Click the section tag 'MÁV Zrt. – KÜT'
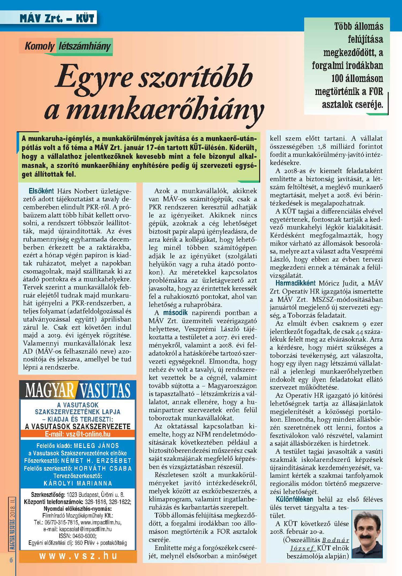pyautogui.click(x=57, y=18)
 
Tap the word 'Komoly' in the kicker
pyautogui.click(x=39, y=46)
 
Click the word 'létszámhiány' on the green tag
pyautogui.click(x=84, y=46)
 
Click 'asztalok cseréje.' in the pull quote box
pyautogui.click(x=352, y=105)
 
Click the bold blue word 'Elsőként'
pyautogui.click(x=41, y=191)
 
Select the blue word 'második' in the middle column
pyautogui.click(x=175, y=313)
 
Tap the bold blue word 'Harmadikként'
pyautogui.click(x=296, y=283)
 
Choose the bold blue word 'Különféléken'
pyautogui.click(x=294, y=499)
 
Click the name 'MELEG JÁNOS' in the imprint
pyautogui.click(x=96, y=446)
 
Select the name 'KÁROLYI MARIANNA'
pyautogui.click(x=78, y=483)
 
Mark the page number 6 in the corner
pyautogui.click(x=11, y=560)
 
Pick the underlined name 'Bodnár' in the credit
pyautogui.click(x=336, y=540)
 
